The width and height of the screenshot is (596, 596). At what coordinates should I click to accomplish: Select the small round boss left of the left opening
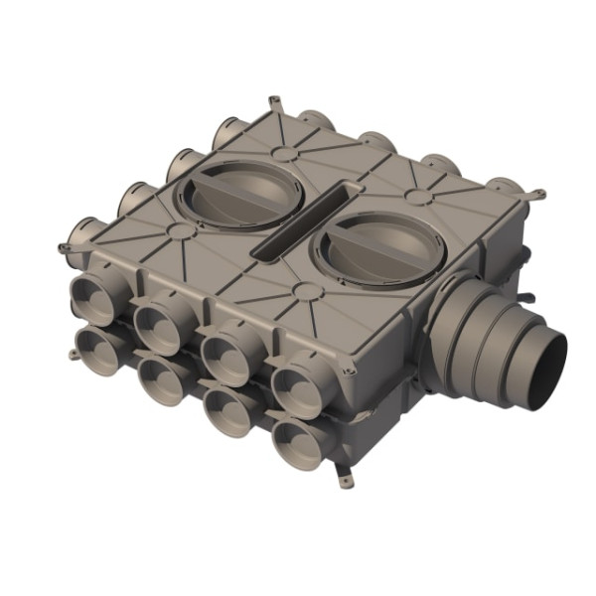(180, 230)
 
